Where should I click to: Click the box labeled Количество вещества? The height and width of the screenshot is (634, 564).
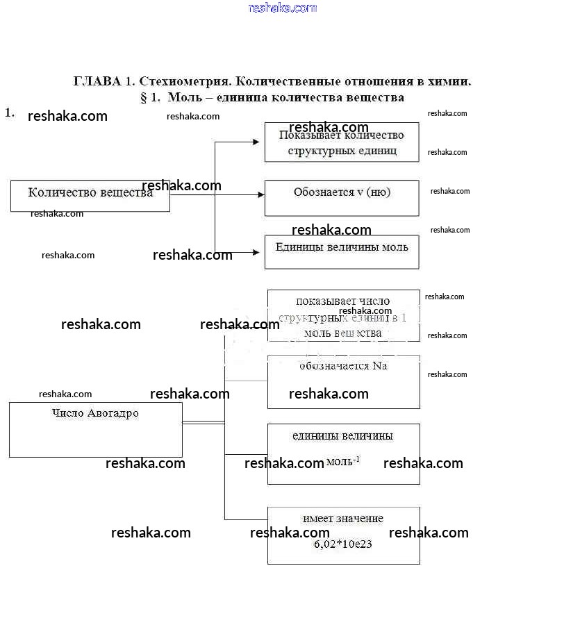pos(90,196)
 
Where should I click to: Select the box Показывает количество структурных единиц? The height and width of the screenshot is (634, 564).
pos(341,142)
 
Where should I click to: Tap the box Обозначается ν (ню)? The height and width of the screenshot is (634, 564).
pos(341,198)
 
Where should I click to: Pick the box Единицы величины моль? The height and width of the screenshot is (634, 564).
pos(341,251)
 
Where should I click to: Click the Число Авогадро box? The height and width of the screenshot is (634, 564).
pos(95,429)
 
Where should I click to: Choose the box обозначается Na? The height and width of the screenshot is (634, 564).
pos(343,381)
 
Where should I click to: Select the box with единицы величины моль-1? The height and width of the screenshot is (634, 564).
pos(343,453)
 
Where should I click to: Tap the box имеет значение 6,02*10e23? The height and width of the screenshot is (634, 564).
pos(343,535)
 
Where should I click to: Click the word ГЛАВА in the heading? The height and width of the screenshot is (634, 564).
pos(97,81)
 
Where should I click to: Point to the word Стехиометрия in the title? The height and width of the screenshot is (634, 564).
pos(183,81)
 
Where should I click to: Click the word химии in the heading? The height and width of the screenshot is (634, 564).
pos(451,81)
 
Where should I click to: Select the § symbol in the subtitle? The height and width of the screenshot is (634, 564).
pos(144,98)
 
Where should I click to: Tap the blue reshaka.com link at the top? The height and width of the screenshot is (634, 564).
pos(282,8)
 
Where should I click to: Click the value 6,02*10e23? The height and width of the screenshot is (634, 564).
pos(342,544)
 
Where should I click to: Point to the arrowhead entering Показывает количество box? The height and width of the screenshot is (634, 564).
pos(260,142)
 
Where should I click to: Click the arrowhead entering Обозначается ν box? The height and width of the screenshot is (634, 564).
pos(260,195)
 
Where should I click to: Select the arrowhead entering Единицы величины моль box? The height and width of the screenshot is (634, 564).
pos(260,252)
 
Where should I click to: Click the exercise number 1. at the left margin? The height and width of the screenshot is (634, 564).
pos(9,112)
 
